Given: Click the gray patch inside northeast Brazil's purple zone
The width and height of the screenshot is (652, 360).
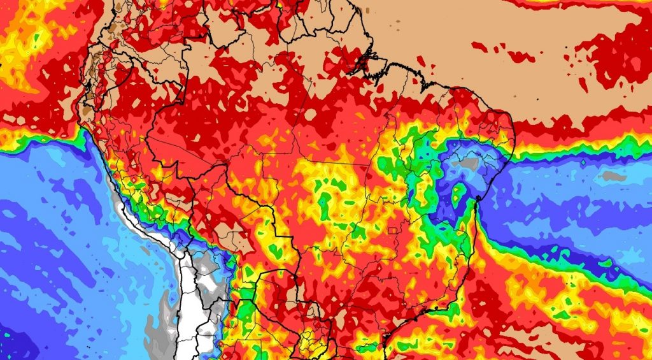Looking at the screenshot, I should [469, 164].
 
